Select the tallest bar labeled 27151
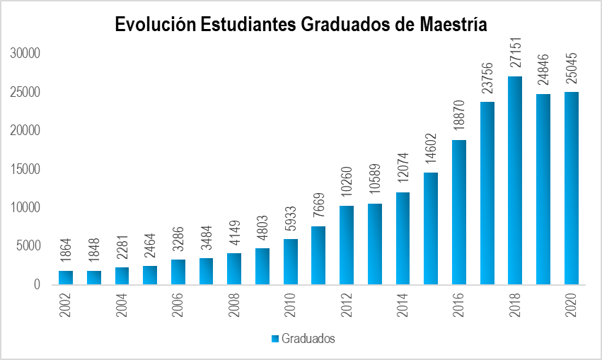coord(515,180)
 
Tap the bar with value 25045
coord(571,188)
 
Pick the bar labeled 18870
coord(458,212)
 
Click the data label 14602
coord(431,145)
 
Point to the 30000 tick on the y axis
coord(27,54)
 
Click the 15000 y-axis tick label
coord(27,169)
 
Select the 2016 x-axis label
coord(459,305)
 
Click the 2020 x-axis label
coord(572,305)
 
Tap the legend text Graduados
coord(308,339)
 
